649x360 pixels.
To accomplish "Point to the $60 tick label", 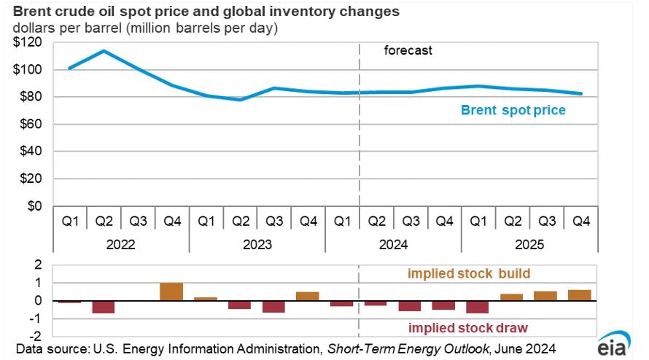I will tap(30, 125).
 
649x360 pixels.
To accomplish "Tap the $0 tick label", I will tap(34, 206).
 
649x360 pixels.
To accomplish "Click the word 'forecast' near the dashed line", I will tap(408, 51).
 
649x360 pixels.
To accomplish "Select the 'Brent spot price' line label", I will tap(513, 111).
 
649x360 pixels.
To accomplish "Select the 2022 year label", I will tap(120, 245).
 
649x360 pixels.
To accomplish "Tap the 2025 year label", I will tap(529, 245).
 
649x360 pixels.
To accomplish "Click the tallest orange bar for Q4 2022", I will tap(171, 291).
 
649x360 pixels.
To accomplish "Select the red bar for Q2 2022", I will tap(104, 307).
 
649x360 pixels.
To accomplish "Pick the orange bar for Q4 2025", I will tap(580, 295).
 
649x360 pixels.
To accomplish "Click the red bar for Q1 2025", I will tap(478, 307).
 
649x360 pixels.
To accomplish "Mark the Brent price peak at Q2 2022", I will tap(104, 51).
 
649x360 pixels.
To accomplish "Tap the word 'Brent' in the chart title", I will tap(34, 12).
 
